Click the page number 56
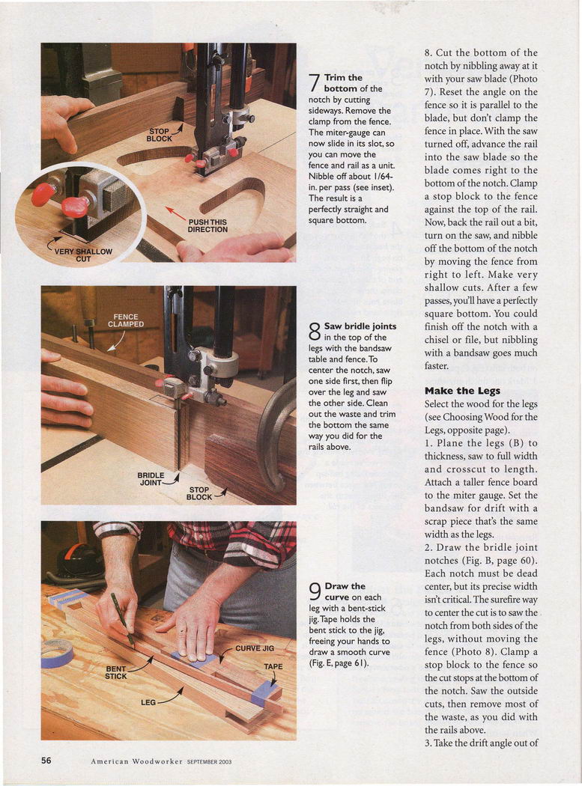[46, 761]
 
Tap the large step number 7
[314, 83]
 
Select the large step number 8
[314, 332]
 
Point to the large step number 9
[315, 591]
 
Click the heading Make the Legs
[462, 391]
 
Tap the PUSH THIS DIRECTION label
[207, 225]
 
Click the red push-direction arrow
[175, 214]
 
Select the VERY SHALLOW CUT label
[83, 255]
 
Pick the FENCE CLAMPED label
[125, 320]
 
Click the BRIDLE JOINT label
[151, 479]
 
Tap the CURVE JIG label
[255, 648]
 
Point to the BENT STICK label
[116, 672]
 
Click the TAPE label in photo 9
[273, 667]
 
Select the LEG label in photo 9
[148, 702]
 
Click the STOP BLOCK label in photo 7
[159, 135]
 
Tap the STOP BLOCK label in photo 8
[199, 493]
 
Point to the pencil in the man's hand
[122, 619]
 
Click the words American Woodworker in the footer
[136, 761]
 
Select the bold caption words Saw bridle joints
[360, 326]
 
